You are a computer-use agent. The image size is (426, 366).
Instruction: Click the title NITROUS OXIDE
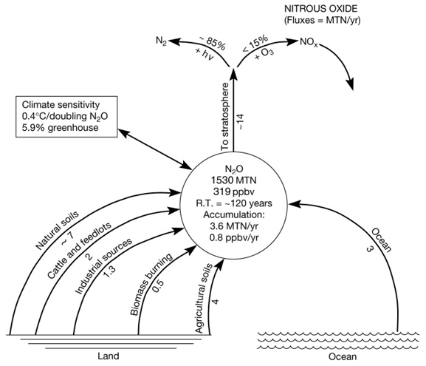321,9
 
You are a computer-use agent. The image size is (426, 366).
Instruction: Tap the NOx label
309,42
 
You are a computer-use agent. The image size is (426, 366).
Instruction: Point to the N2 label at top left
161,41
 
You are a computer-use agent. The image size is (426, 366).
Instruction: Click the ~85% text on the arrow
212,44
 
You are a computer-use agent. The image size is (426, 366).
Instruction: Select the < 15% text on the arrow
255,44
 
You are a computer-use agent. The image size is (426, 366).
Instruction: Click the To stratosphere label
225,117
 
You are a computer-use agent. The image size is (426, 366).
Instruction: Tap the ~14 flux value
241,121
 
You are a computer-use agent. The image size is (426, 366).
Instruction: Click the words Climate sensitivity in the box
61,105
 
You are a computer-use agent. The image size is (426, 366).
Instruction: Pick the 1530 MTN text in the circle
233,180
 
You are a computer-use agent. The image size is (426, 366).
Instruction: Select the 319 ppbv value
234,192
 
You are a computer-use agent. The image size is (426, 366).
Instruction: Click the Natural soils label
57,230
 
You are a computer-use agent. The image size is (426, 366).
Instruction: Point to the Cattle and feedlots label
79,251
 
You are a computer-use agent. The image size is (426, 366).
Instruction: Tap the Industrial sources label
103,266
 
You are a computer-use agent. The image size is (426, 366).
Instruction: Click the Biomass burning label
151,285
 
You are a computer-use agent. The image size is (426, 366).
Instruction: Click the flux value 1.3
110,271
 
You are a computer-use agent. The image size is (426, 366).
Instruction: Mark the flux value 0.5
158,286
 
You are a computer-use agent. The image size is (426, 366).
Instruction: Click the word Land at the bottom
109,356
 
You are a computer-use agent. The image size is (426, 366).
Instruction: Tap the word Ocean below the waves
343,356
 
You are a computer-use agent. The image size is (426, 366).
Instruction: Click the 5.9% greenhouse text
60,128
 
